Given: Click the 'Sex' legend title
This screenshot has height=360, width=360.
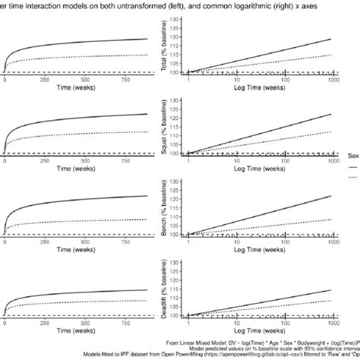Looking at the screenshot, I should coord(353,154).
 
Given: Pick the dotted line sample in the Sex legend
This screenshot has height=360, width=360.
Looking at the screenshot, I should coord(353,176).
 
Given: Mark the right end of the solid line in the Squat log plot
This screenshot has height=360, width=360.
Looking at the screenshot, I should coord(332,115).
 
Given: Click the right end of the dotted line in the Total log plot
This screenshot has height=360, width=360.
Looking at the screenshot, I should coord(332,55).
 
